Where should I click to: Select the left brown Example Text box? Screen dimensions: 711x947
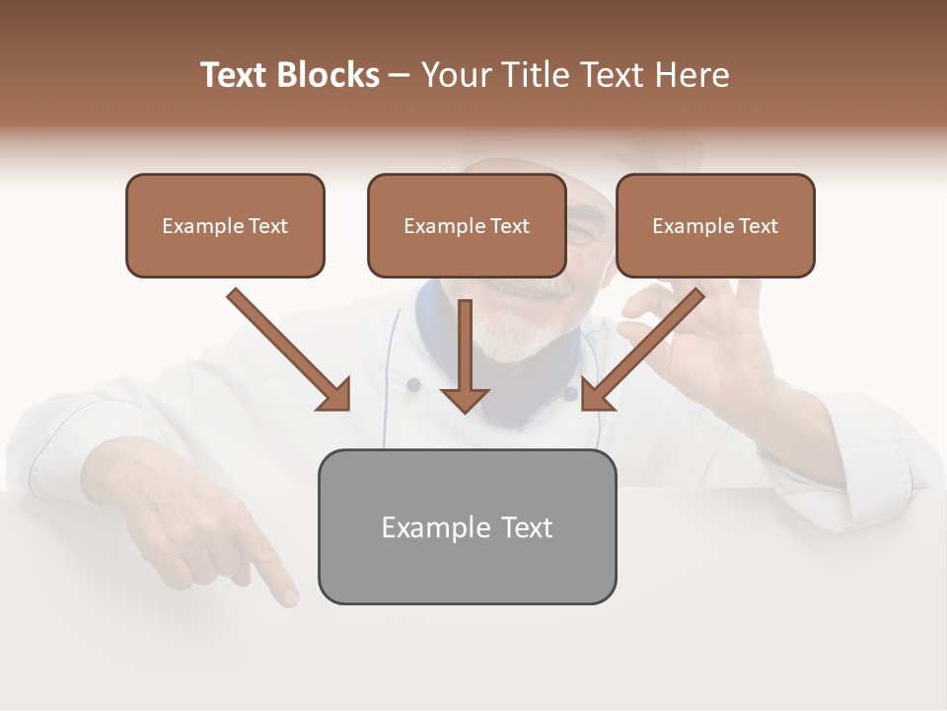coord(225,226)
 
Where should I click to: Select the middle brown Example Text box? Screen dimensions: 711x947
coord(467,226)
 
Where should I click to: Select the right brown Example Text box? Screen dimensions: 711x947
coord(715,226)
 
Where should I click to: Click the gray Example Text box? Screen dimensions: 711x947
coord(467,526)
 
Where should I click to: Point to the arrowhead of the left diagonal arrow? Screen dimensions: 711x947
coord(336,396)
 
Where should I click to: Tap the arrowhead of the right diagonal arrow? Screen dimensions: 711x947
coord(595,396)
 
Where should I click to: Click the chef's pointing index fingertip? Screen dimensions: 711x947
coord(288,595)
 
